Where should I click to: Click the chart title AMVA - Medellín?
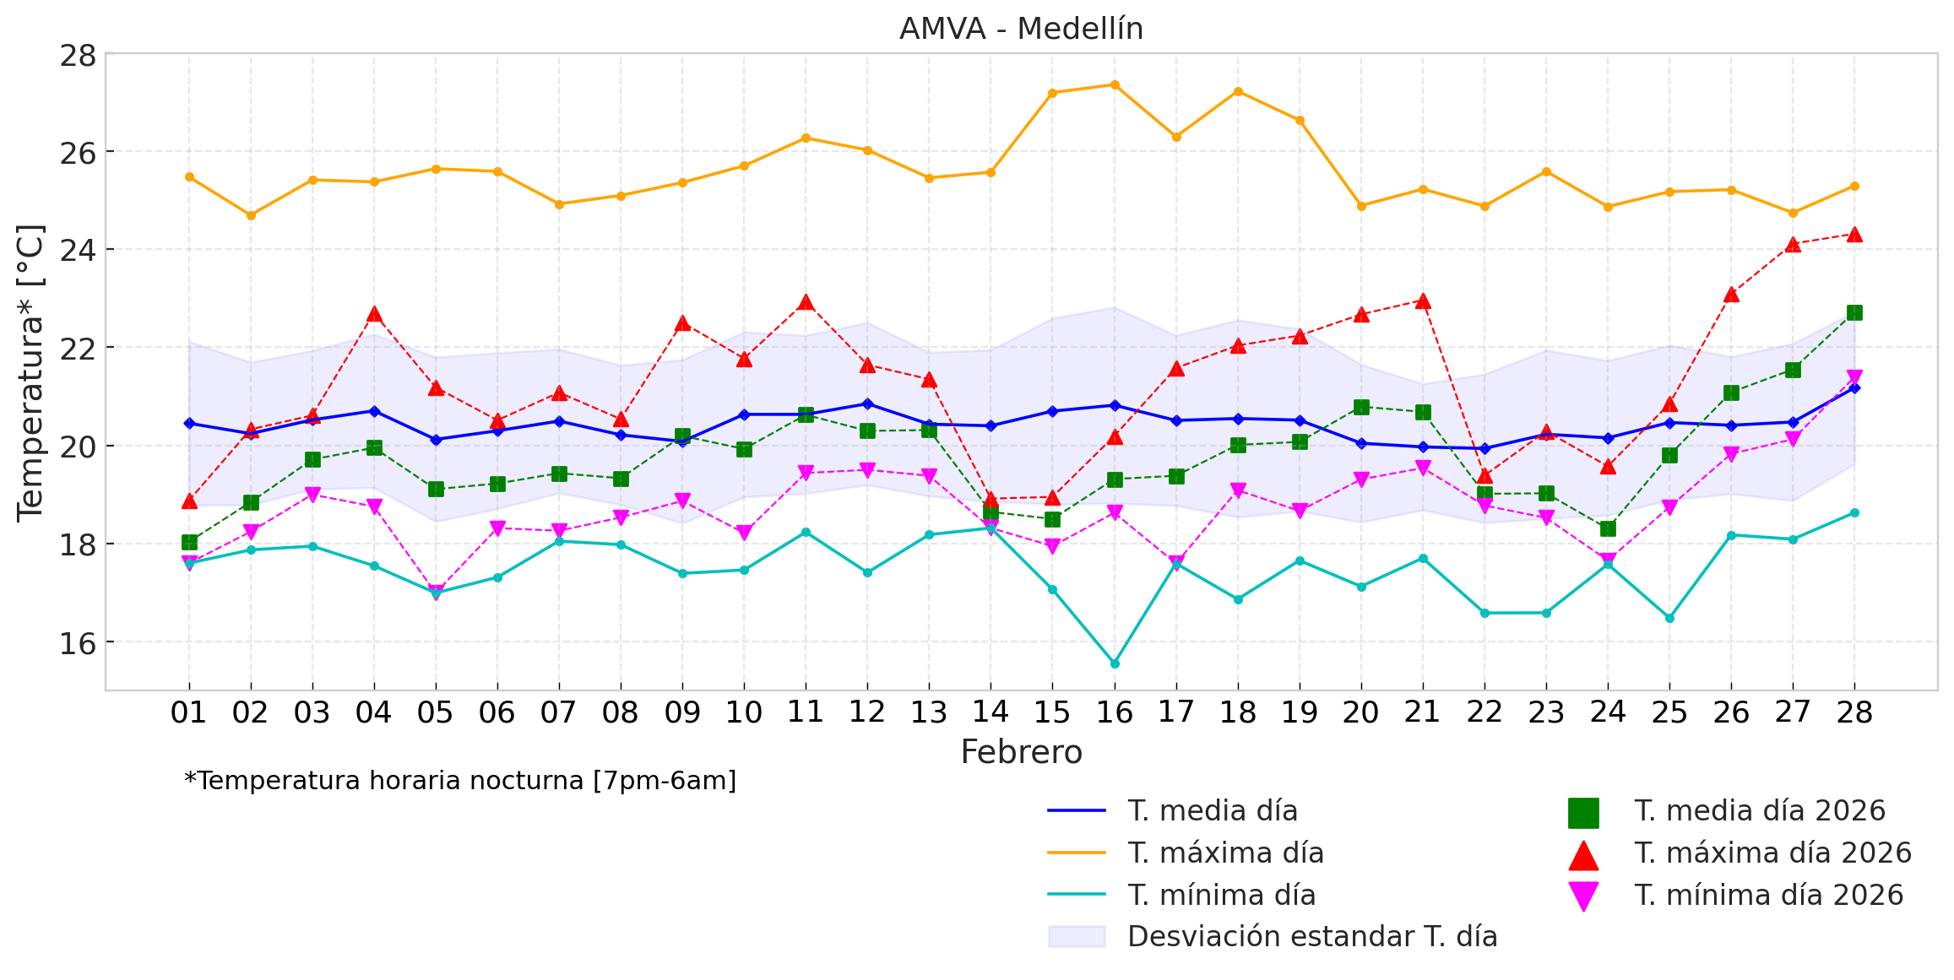(x=1021, y=29)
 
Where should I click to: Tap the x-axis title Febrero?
(x=1021, y=751)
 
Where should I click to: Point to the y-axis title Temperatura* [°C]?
(x=30, y=372)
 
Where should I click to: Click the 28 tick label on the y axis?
(x=78, y=56)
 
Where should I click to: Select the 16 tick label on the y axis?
(x=78, y=643)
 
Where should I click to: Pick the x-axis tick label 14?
(x=991, y=712)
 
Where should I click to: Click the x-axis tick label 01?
(x=188, y=712)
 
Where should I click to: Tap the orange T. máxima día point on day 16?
(x=1115, y=84)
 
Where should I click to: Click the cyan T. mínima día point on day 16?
(x=1115, y=663)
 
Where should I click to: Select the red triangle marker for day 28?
(x=1854, y=235)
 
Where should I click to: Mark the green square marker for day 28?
(x=1854, y=312)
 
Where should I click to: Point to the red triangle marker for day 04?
(x=374, y=315)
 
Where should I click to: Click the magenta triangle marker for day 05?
(x=436, y=592)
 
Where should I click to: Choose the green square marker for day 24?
(x=1608, y=528)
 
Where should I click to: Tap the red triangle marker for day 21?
(x=1423, y=301)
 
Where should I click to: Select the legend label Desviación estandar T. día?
(x=1311, y=936)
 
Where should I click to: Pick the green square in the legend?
(x=1583, y=812)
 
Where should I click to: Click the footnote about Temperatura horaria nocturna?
(x=460, y=781)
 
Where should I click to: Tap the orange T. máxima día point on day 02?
(x=251, y=215)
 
